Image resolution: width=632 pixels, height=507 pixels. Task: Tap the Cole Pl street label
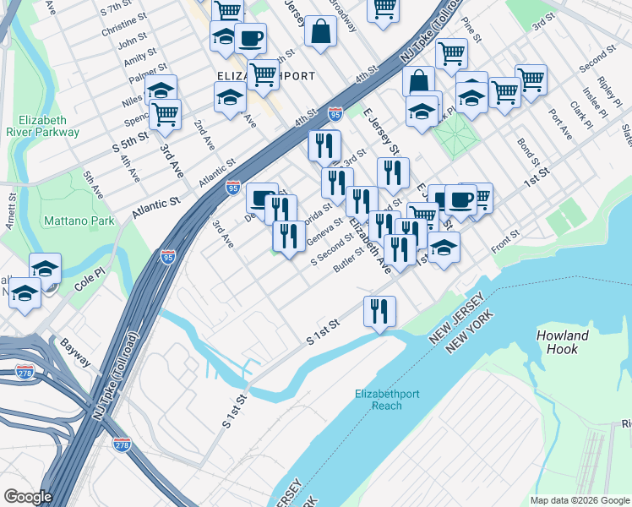[x=89, y=281]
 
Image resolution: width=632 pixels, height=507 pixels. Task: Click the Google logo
[x=28, y=497]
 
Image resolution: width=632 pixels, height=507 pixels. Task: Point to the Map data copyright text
[x=579, y=500]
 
